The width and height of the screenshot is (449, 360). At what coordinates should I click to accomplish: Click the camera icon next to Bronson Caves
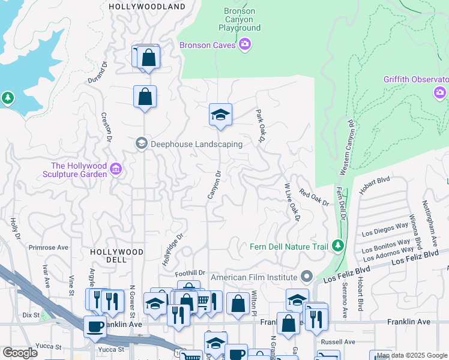pos(244,45)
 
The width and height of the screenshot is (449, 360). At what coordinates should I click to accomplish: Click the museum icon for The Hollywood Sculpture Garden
pos(116,170)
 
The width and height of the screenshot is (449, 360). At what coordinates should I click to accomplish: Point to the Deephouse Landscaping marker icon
pos(141,143)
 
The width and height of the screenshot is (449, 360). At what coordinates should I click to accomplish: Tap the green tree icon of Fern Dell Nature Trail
pos(338,246)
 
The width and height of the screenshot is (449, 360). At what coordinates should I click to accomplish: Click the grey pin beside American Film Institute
pos(307,277)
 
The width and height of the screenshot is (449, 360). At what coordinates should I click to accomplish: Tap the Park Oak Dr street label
pos(261,125)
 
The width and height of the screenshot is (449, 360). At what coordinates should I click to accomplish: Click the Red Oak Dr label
pos(315,198)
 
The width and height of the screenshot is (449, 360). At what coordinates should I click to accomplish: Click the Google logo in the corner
pos(20,352)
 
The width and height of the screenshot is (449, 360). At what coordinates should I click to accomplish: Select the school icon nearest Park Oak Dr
pos(220,115)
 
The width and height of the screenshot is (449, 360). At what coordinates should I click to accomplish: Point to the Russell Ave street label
pos(336,343)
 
